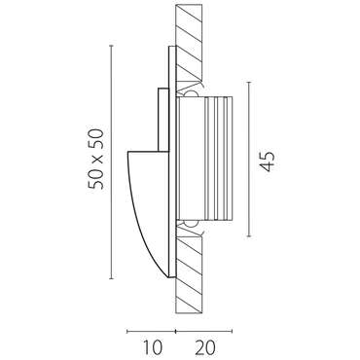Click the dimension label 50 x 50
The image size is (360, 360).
point(96,160)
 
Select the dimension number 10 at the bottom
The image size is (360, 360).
point(152,347)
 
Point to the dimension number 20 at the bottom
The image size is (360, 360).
point(205,347)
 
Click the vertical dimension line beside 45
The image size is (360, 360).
point(249,160)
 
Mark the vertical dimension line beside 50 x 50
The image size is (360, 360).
point(112,162)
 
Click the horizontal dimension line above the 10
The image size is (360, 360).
point(151,331)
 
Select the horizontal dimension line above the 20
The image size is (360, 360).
point(203,331)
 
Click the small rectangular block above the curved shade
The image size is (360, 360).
point(163,120)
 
